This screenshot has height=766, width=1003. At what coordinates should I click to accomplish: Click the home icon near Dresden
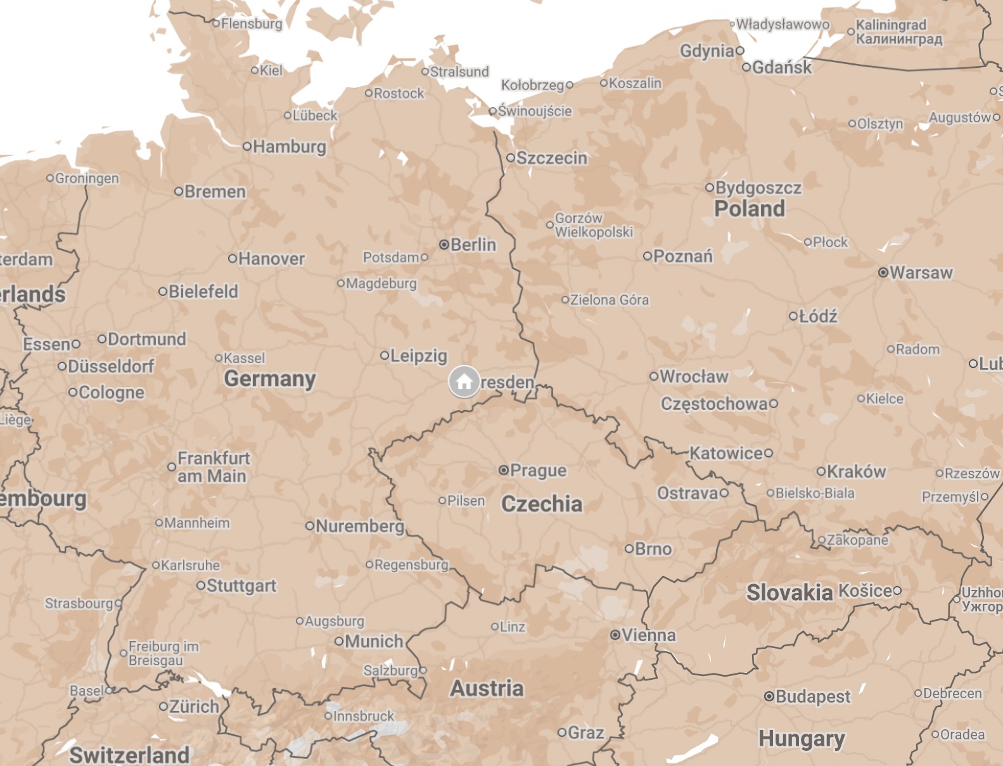point(464,381)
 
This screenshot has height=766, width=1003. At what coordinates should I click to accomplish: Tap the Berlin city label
point(473,245)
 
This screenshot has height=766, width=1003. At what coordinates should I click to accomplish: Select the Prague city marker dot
point(504,470)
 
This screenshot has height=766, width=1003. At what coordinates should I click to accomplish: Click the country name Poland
point(749,208)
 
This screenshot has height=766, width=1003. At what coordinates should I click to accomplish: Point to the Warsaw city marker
point(883,272)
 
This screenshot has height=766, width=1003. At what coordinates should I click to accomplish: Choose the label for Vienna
point(648,635)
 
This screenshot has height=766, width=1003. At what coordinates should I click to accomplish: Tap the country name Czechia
point(541,504)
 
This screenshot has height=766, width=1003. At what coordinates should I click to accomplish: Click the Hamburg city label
point(289,146)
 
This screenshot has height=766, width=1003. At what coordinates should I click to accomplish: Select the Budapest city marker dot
point(769,696)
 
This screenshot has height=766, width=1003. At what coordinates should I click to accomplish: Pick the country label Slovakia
point(789,592)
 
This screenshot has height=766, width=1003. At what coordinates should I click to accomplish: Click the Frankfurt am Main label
point(213,467)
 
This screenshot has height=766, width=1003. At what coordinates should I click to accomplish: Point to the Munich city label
point(373,641)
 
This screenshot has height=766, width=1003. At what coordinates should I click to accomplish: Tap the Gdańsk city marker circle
point(746,67)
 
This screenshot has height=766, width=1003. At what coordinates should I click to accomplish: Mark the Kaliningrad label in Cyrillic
point(898,39)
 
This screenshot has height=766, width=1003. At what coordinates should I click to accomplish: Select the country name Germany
point(269,378)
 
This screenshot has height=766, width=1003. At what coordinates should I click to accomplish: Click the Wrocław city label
point(693,376)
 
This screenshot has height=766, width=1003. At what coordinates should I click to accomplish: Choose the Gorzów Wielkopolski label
point(593,225)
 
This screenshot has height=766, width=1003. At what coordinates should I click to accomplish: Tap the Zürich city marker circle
point(163,706)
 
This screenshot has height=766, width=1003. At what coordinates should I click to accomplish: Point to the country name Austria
point(487,688)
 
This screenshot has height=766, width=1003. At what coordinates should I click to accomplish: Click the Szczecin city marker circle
point(511,158)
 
